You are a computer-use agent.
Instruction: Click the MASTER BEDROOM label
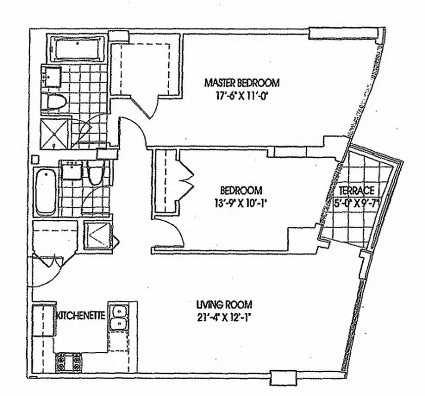242,82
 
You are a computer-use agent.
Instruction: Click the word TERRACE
356,191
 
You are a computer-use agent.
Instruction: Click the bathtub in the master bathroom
78,49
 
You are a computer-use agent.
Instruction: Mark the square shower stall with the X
55,133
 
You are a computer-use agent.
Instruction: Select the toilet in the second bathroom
95,172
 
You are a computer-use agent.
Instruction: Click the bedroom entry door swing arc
175,233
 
